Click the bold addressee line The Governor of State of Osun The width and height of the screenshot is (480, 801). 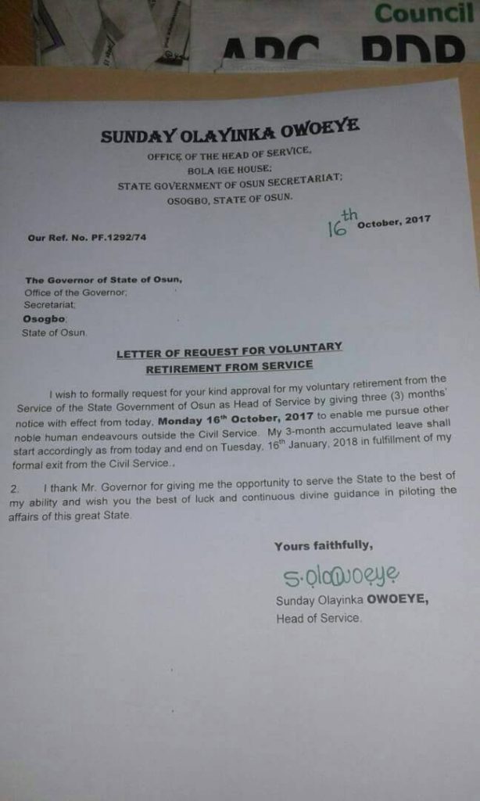(104, 279)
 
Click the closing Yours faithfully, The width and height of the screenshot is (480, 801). (323, 545)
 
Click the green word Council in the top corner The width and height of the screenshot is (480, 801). (423, 13)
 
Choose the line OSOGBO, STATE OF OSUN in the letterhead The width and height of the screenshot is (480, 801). (229, 199)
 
